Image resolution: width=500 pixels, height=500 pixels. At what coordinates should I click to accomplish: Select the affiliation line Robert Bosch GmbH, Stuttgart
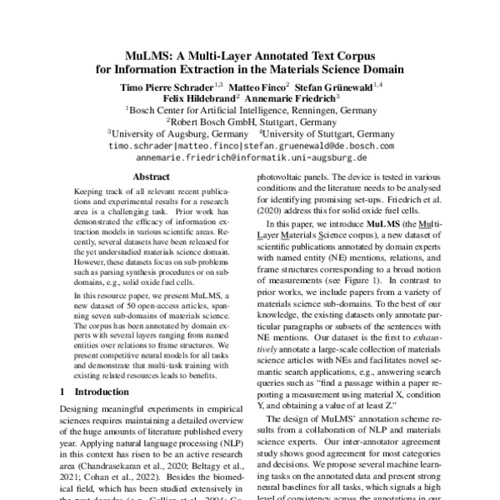tap(251, 121)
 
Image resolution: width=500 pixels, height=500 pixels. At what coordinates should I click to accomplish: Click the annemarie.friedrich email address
tap(250, 157)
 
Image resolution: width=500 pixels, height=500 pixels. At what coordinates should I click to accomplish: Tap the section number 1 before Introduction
tap(63, 391)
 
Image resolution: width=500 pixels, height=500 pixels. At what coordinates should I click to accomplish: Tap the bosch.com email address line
tap(250, 145)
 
